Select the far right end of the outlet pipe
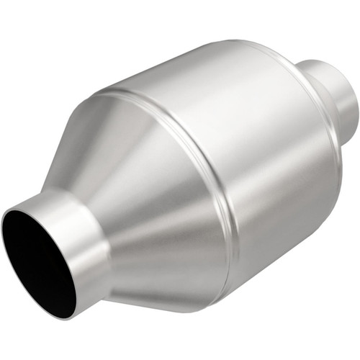tap(354, 101)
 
